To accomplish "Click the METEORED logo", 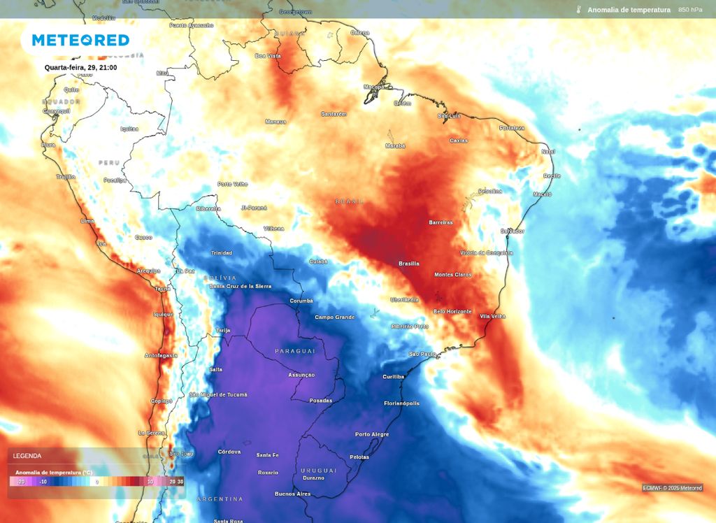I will tap(80, 40).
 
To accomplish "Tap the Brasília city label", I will tap(409, 264).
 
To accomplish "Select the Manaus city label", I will tap(275, 122).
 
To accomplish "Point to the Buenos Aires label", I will tap(293, 494).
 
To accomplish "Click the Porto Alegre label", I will tap(372, 434).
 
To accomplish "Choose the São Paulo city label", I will tap(422, 354).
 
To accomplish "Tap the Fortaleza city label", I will tap(512, 128).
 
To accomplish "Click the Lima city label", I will tap(87, 221).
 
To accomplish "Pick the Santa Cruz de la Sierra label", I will tap(240, 287).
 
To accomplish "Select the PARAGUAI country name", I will tap(295, 351).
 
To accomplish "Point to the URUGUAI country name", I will tap(319, 471).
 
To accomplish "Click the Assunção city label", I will tap(302, 375).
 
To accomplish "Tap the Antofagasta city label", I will tap(161, 355).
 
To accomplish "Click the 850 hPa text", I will tap(690, 10).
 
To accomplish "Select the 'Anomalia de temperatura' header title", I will tap(629, 10).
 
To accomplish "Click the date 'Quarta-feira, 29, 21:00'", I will tap(80, 68).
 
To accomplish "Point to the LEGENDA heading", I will tap(27, 456).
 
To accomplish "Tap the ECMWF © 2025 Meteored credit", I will tap(673, 488).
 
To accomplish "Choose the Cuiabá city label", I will tap(318, 261).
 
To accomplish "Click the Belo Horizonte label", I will tap(452, 311).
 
